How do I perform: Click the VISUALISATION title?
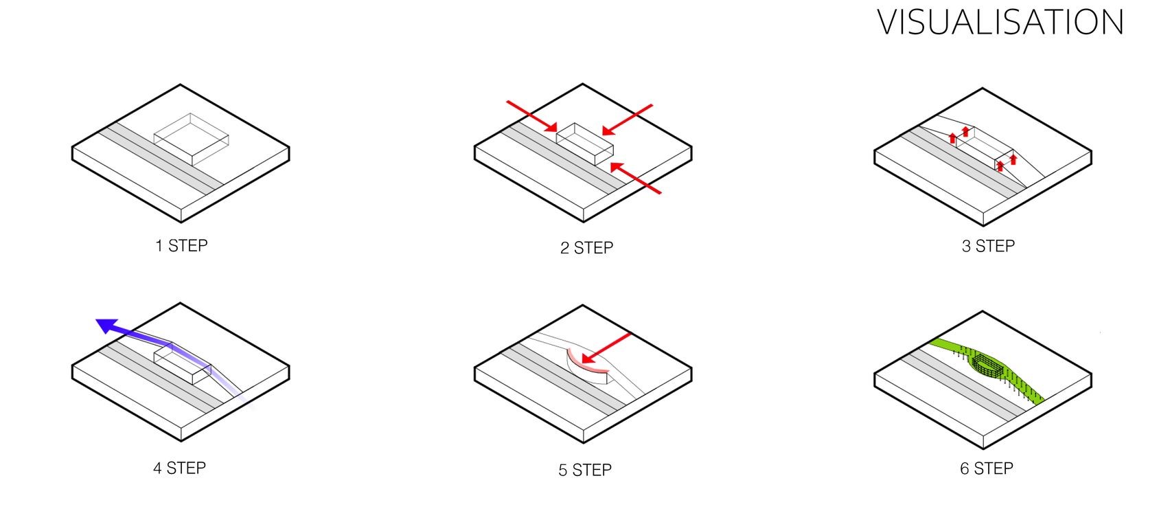[1000, 23]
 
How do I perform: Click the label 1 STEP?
[181, 246]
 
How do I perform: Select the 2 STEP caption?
[586, 248]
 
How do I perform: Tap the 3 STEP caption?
[988, 247]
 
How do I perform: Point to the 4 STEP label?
[179, 468]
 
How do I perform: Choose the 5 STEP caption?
[585, 471]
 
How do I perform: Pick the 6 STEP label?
[987, 468]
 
